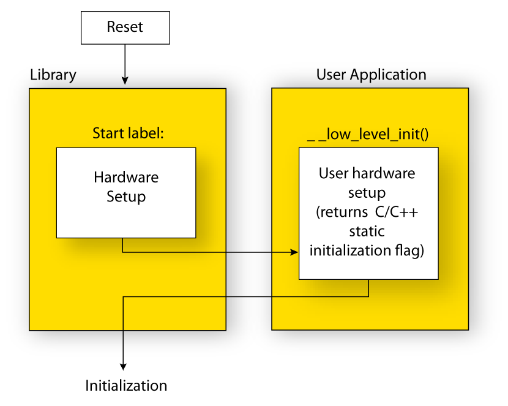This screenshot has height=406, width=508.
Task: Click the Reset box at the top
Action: pyautogui.click(x=125, y=28)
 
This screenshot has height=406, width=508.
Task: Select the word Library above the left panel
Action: pyautogui.click(x=53, y=75)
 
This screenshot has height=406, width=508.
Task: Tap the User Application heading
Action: pyautogui.click(x=371, y=75)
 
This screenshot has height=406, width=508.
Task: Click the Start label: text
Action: pyautogui.click(x=128, y=133)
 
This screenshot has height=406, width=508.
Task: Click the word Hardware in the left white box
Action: pyautogui.click(x=126, y=178)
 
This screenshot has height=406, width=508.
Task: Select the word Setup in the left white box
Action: pyautogui.click(x=126, y=197)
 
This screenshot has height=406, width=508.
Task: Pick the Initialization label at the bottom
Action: pyautogui.click(x=126, y=386)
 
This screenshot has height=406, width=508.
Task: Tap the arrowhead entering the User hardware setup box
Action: pyautogui.click(x=294, y=252)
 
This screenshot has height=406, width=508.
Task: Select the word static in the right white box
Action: pyautogui.click(x=367, y=231)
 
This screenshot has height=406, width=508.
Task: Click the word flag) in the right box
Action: pyautogui.click(x=408, y=250)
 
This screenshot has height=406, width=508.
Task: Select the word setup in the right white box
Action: pyautogui.click(x=367, y=193)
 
